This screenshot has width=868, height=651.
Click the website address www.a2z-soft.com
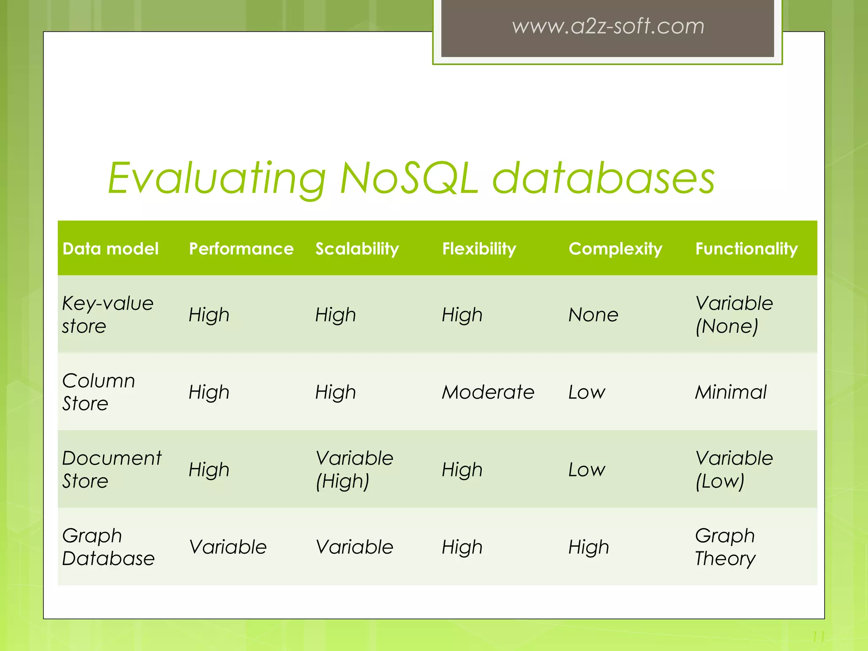pyautogui.click(x=608, y=26)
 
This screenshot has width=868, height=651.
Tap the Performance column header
pyautogui.click(x=241, y=249)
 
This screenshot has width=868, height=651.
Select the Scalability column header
pyautogui.click(x=357, y=249)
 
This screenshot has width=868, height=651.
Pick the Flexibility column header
pyautogui.click(x=479, y=249)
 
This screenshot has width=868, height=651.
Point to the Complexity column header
pyautogui.click(x=615, y=249)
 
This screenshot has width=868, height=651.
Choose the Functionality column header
pyautogui.click(x=746, y=249)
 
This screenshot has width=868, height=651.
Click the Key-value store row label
pyautogui.click(x=108, y=314)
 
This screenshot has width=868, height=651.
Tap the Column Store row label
pyautogui.click(x=98, y=392)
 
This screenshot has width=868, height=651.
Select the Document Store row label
pyautogui.click(x=111, y=470)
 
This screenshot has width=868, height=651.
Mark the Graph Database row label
pyautogui.click(x=108, y=547)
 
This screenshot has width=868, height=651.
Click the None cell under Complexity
pyautogui.click(x=593, y=315)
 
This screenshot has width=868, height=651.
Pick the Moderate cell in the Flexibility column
pyautogui.click(x=488, y=392)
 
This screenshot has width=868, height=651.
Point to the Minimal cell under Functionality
pyautogui.click(x=731, y=392)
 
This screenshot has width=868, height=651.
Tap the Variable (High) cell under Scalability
pyautogui.click(x=354, y=470)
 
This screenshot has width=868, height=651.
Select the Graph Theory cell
pyautogui.click(x=725, y=547)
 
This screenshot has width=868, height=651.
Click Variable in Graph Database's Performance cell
pyautogui.click(x=228, y=547)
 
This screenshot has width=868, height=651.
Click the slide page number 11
pyautogui.click(x=818, y=637)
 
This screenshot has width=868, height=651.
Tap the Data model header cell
pyautogui.click(x=110, y=249)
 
